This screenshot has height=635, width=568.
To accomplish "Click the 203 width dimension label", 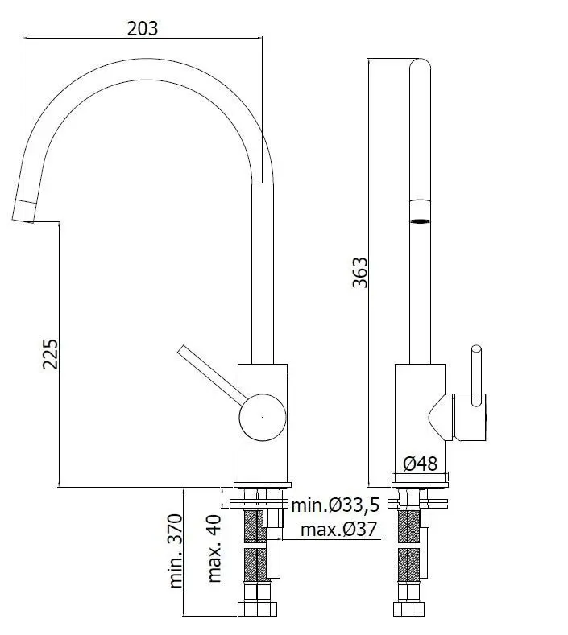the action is click(x=143, y=28).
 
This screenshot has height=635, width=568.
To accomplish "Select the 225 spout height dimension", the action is click(x=51, y=354).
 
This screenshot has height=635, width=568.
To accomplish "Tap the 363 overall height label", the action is click(x=360, y=272).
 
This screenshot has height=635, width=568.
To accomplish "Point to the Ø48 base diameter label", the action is click(x=421, y=464).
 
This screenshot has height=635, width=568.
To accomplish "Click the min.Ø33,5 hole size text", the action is click(x=336, y=505).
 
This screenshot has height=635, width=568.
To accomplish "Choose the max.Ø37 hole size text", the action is click(x=339, y=530).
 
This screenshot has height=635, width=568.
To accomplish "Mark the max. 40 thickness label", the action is click(x=214, y=548).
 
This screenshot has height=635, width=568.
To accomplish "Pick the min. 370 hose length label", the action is click(x=176, y=550).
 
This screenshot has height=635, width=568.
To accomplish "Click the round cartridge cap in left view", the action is click(x=263, y=417).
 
